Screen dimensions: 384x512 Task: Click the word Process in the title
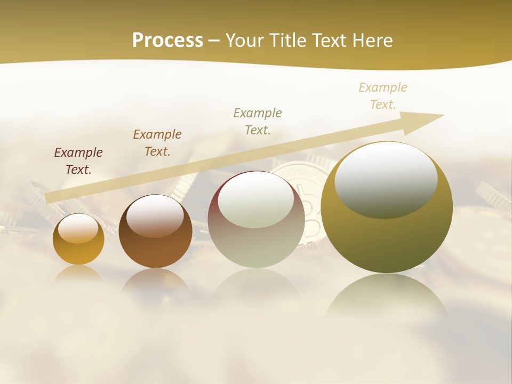coord(167,41)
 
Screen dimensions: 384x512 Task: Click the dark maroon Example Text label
coord(78,161)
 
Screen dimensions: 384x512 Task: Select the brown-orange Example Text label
coord(157,143)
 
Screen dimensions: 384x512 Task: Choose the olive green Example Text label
coord(258,122)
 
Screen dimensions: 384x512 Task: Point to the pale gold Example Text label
coord(383,96)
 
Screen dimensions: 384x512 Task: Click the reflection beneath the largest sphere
coord(387,296)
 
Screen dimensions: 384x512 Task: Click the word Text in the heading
coord(329,41)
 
